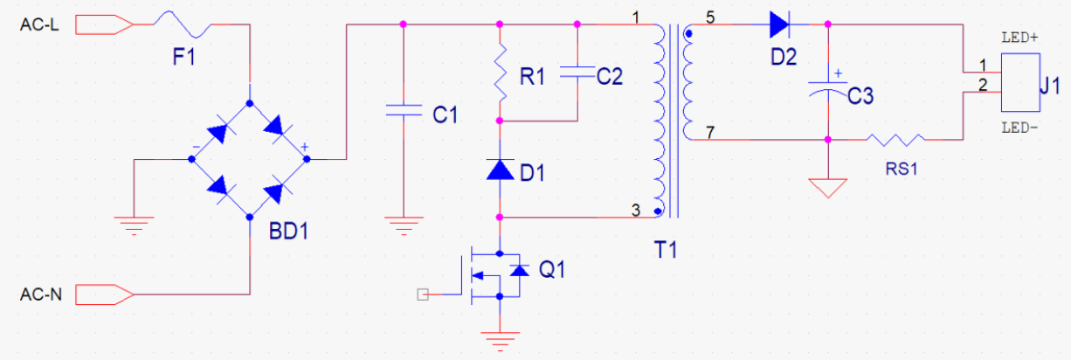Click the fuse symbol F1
(x=183, y=24)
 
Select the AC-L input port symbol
(x=104, y=24)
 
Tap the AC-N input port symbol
(x=104, y=294)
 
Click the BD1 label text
(x=288, y=232)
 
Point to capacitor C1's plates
(x=404, y=110)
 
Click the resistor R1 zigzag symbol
(x=500, y=73)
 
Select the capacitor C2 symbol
(x=577, y=73)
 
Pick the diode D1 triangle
(x=500, y=170)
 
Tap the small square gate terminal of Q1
(x=423, y=294)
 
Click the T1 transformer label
(x=665, y=250)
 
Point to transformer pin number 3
(x=635, y=211)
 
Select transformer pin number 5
(x=710, y=18)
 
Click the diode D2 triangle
(x=779, y=24)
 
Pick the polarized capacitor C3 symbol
(x=827, y=86)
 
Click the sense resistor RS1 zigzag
(x=895, y=140)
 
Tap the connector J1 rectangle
(x=1020, y=82)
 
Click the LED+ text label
(x=1019, y=38)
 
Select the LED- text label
(x=1019, y=128)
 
